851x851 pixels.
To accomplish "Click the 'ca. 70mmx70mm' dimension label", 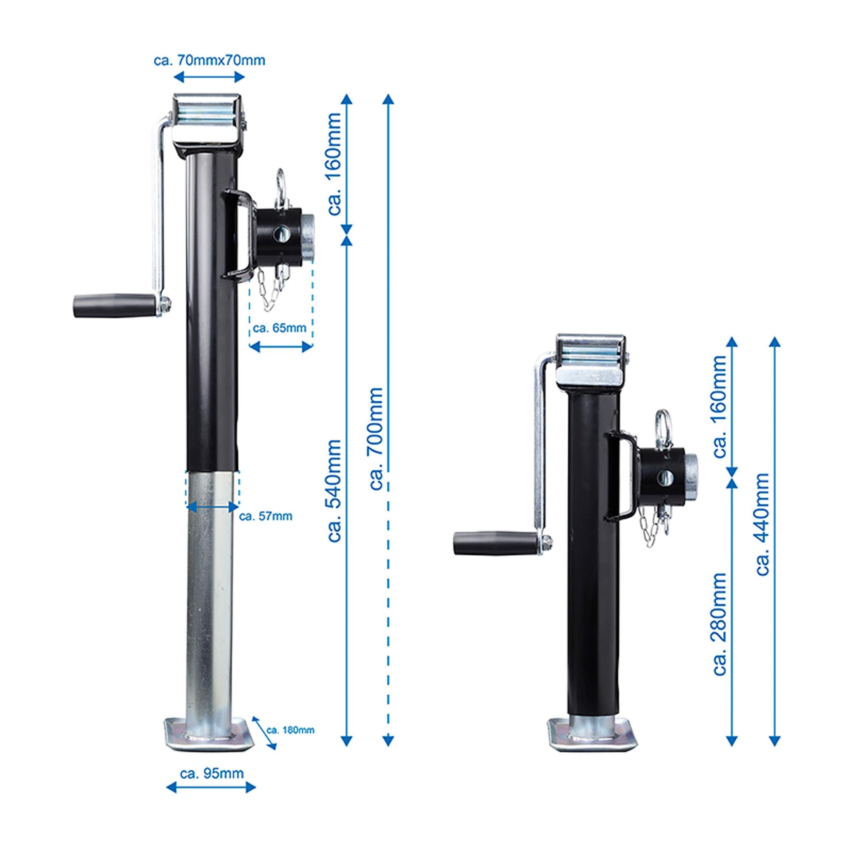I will point(209,60).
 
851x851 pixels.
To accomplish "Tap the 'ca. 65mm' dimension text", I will point(279,328).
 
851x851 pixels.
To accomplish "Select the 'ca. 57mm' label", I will point(266,516).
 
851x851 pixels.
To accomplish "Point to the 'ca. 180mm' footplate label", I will point(291,730).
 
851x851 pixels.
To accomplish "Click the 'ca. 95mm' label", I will point(211,774).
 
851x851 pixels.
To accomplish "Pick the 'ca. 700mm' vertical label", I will point(376,439).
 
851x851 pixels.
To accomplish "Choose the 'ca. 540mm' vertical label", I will point(335,491).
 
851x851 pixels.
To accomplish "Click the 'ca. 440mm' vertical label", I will point(762,524).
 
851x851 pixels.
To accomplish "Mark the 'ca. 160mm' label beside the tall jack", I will point(335,164).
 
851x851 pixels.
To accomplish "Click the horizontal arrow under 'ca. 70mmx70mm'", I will point(209,77).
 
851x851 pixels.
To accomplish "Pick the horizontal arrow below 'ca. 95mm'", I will point(211,788).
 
